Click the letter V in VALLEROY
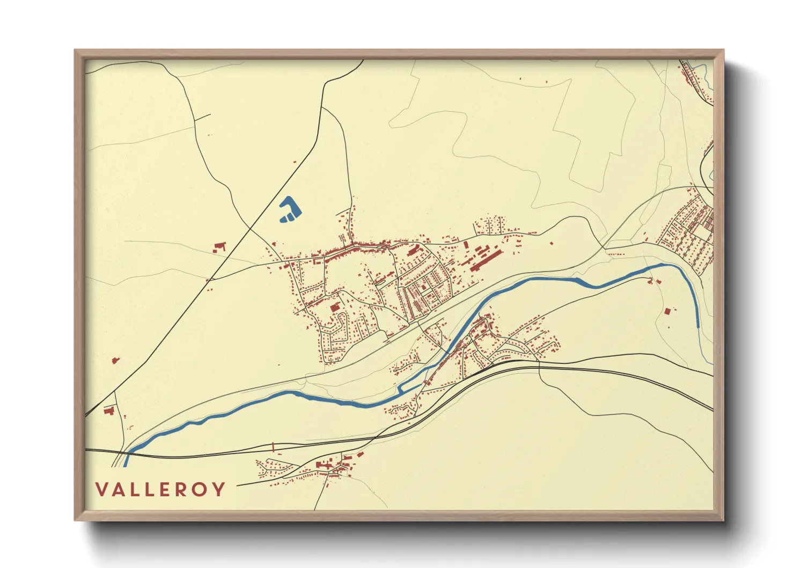(102, 490)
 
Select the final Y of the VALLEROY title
(218, 490)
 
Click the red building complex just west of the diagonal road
(219, 247)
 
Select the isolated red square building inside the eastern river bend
(667, 311)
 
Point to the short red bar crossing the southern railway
(273, 446)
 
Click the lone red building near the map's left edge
(114, 360)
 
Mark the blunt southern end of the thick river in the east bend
(697, 324)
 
